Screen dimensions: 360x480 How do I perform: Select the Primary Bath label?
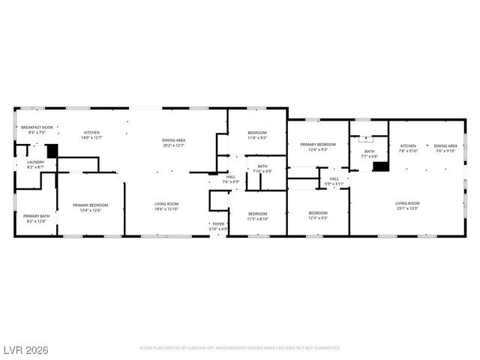[x=36, y=216]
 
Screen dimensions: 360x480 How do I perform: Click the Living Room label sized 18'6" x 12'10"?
[x=166, y=206]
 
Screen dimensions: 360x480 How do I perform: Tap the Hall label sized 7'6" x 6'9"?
[x=231, y=179]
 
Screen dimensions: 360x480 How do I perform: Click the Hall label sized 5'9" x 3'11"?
[x=334, y=181]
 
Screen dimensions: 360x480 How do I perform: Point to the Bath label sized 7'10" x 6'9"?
[x=262, y=169]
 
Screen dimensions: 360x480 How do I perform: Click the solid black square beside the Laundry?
[x=52, y=150]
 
